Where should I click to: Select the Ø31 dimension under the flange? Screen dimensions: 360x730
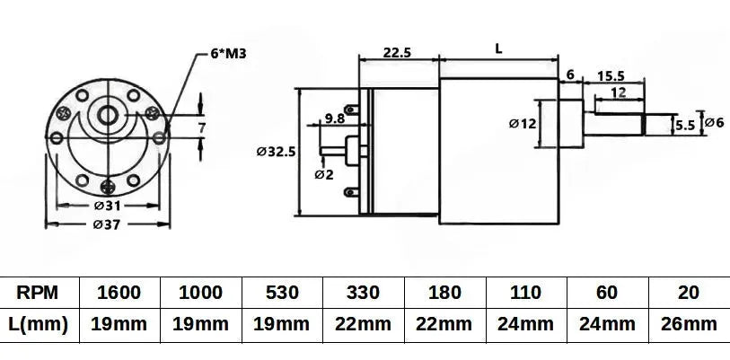107,206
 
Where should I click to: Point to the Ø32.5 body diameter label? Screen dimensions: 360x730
276,153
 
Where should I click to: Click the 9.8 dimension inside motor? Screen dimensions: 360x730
335,118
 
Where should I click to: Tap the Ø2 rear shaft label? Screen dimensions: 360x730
324,174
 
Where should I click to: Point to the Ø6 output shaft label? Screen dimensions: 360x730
715,122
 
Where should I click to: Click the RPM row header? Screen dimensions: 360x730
39,293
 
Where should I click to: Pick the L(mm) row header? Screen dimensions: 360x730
39,324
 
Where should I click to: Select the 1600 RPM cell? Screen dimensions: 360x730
120,293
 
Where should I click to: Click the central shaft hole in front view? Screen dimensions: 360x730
108,114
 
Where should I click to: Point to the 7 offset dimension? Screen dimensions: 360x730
202,128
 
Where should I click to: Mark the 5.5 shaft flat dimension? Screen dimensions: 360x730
684,127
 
